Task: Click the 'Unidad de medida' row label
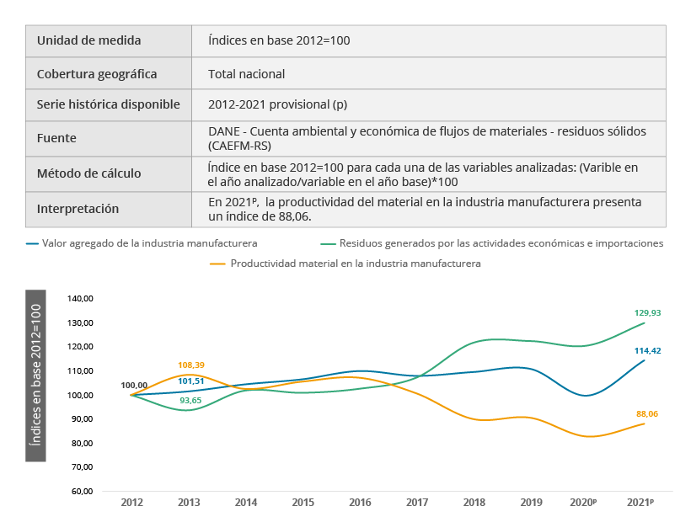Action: click(88, 40)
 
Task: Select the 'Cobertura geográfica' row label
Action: click(97, 74)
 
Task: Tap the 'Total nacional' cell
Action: click(247, 74)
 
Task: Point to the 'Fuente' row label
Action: click(56, 138)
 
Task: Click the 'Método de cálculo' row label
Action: click(88, 174)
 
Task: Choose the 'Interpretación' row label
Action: click(78, 209)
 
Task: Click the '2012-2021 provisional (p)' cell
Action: click(278, 105)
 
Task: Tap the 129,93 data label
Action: click(645, 312)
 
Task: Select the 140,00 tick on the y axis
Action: click(82, 299)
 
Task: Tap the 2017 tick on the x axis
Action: click(417, 503)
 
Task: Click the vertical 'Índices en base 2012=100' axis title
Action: click(35, 376)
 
